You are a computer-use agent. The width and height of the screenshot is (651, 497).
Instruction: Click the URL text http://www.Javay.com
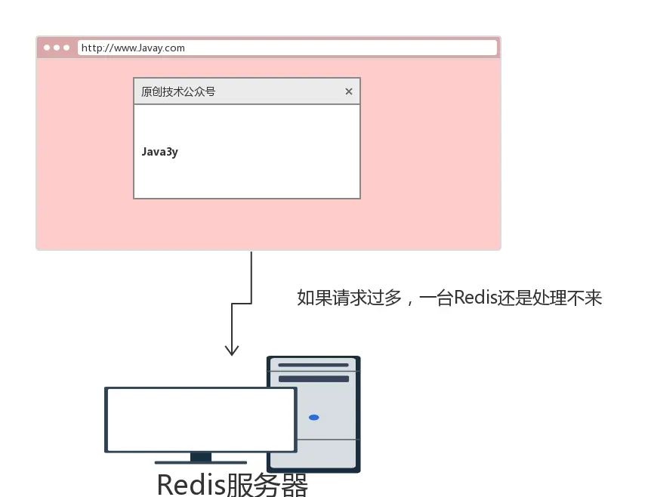tap(133, 48)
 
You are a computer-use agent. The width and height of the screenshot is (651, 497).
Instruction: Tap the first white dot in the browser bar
tap(47, 48)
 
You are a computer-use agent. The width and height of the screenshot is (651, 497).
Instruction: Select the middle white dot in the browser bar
tap(57, 48)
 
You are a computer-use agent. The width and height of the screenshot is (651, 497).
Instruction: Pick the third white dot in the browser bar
tap(66, 48)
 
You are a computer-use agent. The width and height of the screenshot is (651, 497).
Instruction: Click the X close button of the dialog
tap(349, 91)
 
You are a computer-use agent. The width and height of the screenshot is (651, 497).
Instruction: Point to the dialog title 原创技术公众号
tap(178, 91)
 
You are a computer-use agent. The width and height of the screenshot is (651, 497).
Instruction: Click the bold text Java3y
tap(159, 152)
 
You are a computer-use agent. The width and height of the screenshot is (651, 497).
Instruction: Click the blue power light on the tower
tap(314, 418)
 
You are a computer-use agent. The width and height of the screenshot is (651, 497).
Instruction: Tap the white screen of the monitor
tap(200, 419)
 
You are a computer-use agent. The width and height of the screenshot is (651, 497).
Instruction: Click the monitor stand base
tap(200, 461)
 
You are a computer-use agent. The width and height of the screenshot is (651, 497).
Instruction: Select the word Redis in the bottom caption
tap(191, 484)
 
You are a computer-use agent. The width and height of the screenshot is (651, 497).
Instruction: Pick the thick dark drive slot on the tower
tap(313, 378)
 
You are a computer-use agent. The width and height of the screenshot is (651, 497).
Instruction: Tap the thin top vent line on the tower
tap(313, 366)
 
